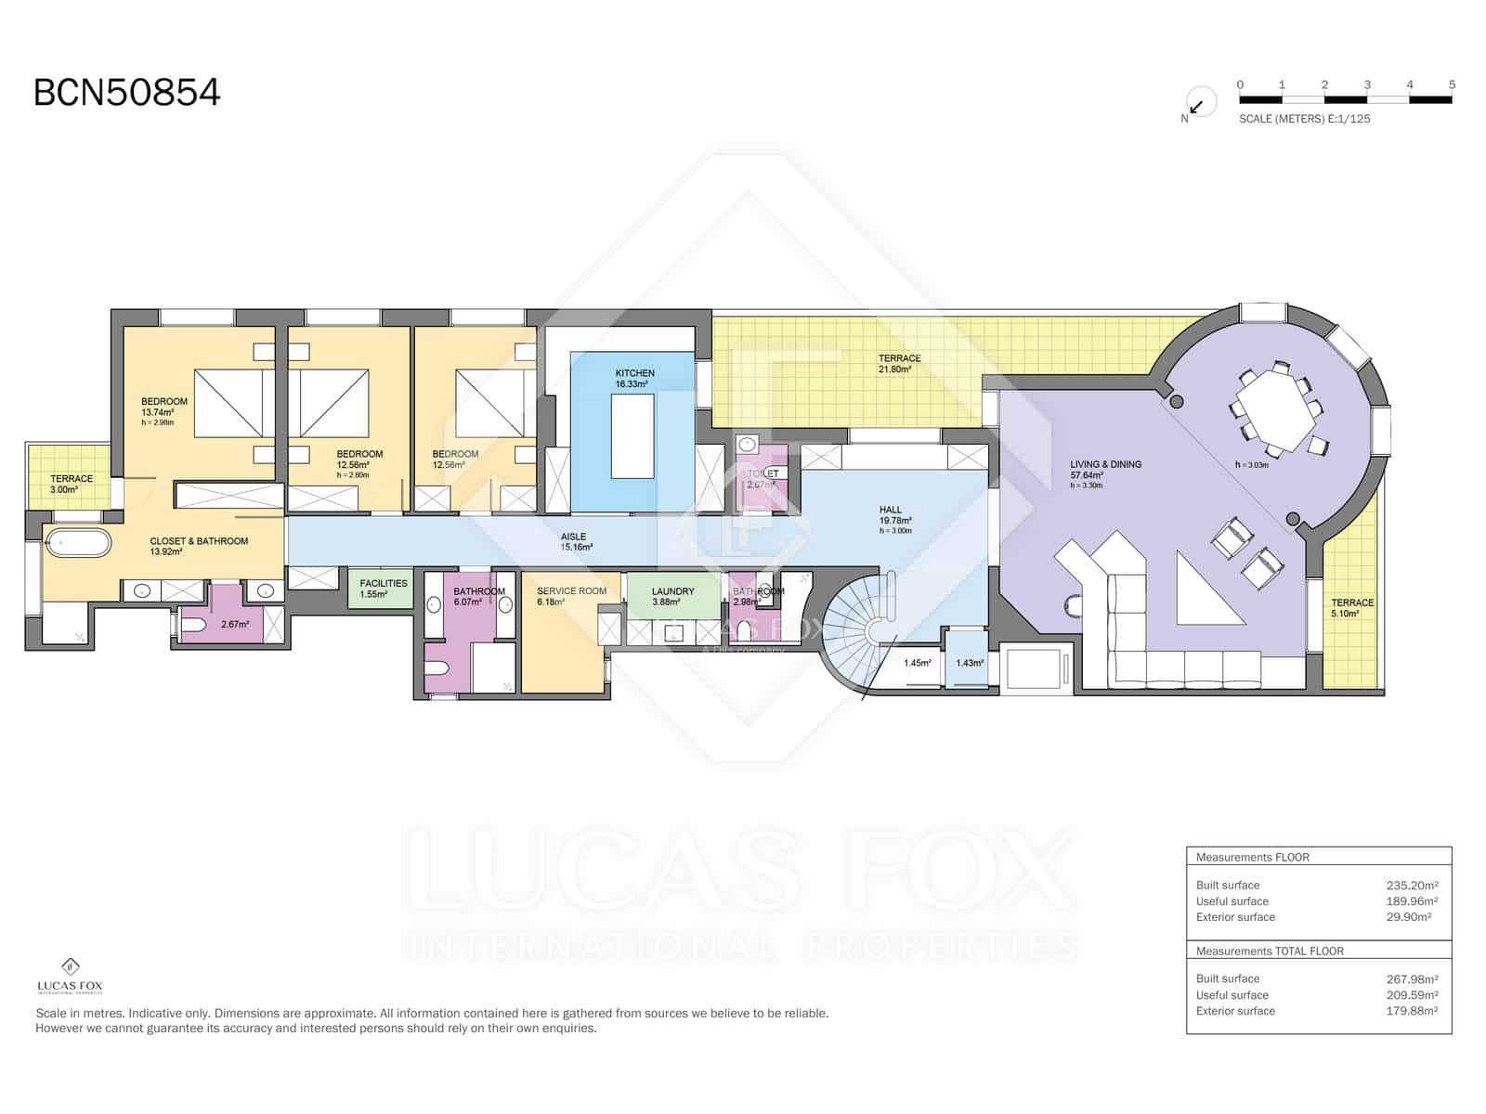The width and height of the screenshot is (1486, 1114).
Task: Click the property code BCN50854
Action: pyautogui.click(x=127, y=93)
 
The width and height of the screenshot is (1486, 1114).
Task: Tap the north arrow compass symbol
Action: pyautogui.click(x=1199, y=105)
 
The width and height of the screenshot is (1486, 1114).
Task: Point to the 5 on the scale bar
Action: pyautogui.click(x=1452, y=84)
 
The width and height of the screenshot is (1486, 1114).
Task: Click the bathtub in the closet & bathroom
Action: pyautogui.click(x=78, y=543)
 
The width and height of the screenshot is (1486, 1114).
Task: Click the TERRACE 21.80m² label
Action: pyautogui.click(x=899, y=363)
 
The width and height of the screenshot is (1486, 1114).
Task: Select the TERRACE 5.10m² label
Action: pyautogui.click(x=1351, y=608)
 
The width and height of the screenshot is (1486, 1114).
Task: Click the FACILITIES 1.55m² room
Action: pyautogui.click(x=383, y=589)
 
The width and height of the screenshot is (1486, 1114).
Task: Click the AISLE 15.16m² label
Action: pyautogui.click(x=574, y=541)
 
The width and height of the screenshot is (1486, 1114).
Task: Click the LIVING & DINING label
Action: pyautogui.click(x=1105, y=470)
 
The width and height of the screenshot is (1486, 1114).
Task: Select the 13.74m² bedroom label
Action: pyautogui.click(x=164, y=407)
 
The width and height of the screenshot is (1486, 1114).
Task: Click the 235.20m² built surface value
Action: pyautogui.click(x=1412, y=886)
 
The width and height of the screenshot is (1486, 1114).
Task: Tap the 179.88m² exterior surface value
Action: pyautogui.click(x=1412, y=1011)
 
